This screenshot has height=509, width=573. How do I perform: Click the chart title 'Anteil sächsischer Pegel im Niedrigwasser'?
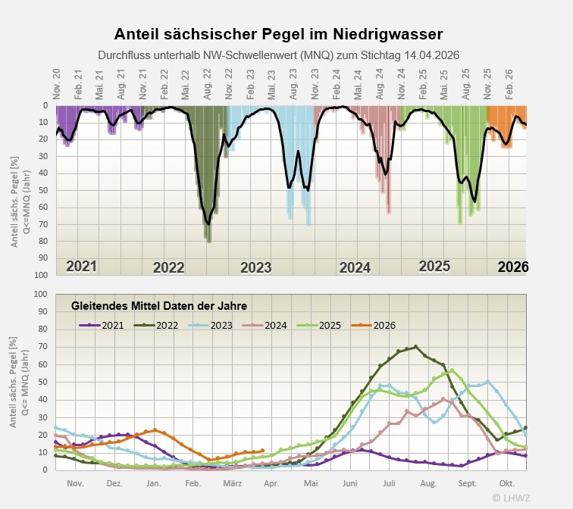pyautogui.click(x=278, y=34)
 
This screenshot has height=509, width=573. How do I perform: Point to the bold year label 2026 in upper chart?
pyautogui.click(x=512, y=267)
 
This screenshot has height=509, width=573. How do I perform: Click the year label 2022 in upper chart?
pyautogui.click(x=168, y=267)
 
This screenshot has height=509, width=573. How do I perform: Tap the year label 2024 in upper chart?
pyautogui.click(x=355, y=267)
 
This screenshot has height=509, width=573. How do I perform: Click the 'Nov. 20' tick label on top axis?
pyautogui.click(x=56, y=82)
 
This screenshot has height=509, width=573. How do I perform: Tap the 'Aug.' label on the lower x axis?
pyautogui.click(x=428, y=482)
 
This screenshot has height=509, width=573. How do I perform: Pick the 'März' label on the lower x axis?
pyautogui.click(x=232, y=482)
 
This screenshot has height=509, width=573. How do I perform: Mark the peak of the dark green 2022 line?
pyautogui.click(x=416, y=347)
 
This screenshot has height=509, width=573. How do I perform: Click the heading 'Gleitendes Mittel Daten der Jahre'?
pyautogui.click(x=160, y=306)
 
